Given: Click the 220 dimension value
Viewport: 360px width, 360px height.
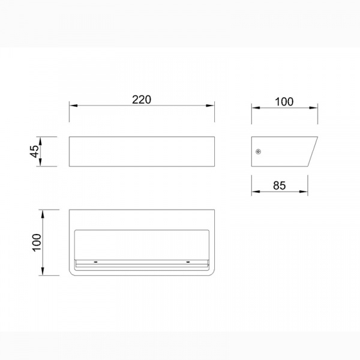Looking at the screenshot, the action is [142, 100].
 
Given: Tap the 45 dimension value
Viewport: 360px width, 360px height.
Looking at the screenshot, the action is [35, 151].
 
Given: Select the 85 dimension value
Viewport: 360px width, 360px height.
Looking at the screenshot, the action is [280, 185].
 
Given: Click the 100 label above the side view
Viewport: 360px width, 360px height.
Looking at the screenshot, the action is [284, 102].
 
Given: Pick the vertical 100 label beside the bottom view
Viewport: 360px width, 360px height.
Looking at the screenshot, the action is [37, 242].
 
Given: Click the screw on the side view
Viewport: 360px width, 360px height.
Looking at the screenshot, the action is [259, 152].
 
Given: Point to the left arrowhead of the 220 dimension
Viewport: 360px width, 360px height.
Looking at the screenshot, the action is [73, 106].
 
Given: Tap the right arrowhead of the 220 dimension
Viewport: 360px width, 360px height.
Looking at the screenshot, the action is [210, 106].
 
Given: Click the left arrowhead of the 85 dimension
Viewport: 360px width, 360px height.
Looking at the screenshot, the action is [256, 191].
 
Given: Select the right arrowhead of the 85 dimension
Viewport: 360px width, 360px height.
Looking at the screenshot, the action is [304, 191].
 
